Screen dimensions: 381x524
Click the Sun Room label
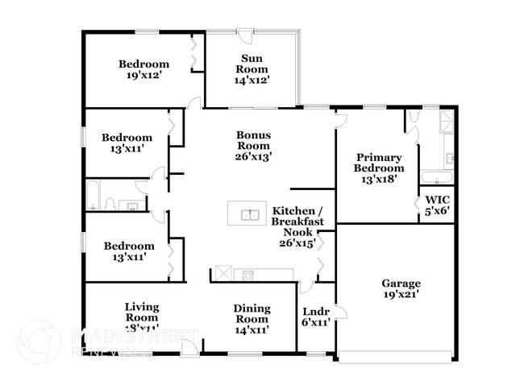[252, 68]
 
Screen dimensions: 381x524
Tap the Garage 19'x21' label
[401, 288]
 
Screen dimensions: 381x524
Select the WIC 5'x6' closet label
[437, 204]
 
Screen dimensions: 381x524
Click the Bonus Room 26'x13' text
[252, 146]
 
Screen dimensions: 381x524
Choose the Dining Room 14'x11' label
[252, 319]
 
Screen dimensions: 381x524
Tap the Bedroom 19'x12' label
[143, 70]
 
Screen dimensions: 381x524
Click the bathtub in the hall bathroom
[94, 195]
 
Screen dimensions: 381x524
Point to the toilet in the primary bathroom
[414, 121]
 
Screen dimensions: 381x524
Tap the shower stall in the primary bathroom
[446, 122]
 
